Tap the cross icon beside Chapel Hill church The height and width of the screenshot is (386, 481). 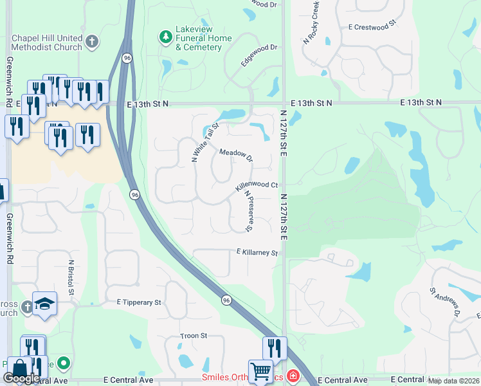click(91, 42)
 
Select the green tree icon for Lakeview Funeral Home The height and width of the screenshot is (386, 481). click(167, 36)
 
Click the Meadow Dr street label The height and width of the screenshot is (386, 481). click(236, 156)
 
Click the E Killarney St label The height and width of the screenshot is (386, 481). click(257, 253)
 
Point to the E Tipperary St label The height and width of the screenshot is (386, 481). click(139, 302)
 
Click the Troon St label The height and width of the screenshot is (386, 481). click(194, 336)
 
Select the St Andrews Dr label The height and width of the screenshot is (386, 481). click(446, 303)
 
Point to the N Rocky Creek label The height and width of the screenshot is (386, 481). click(311, 23)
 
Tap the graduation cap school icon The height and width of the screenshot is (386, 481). click(44, 303)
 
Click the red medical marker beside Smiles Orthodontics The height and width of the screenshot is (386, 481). click(293, 375)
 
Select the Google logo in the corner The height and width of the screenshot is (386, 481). click(21, 378)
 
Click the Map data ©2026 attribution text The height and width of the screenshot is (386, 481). click(453, 381)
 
